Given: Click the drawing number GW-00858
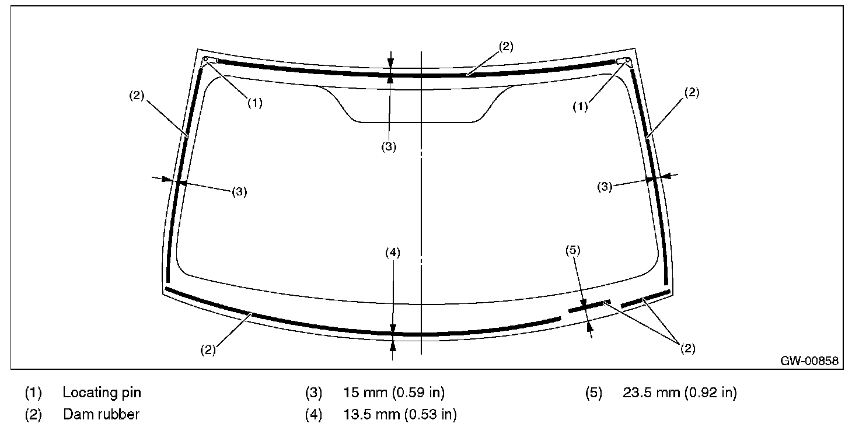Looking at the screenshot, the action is coord(809,360).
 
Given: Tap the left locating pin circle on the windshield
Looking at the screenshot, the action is coord(205,59).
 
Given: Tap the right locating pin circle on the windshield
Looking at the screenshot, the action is coord(627,60).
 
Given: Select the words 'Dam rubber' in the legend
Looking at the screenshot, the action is coord(101,414).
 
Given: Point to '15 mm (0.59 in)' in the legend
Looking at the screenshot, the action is coord(394,393).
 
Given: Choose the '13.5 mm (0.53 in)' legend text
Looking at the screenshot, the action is coord(400,414).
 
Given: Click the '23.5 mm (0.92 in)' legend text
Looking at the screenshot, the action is coord(679,393).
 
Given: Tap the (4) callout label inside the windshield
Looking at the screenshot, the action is coord(393,253).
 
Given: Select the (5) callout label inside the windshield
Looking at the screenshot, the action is coord(573,250).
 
